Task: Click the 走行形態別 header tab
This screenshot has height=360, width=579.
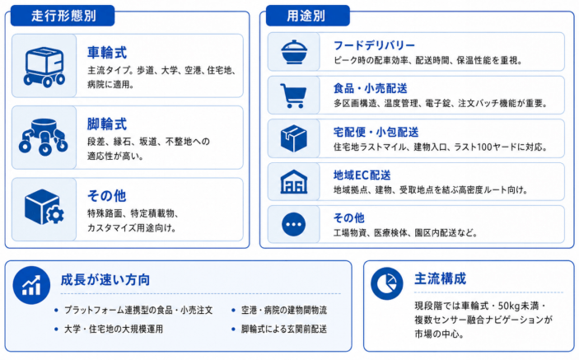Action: [x=63, y=16]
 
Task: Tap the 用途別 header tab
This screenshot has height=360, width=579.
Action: [x=307, y=16]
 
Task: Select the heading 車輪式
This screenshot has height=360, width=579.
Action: [x=107, y=53]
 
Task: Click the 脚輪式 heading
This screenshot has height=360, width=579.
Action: [x=107, y=124]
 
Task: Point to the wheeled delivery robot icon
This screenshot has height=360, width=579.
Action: [x=44, y=67]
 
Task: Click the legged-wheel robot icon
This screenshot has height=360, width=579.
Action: [x=44, y=137]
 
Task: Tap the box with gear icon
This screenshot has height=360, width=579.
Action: [x=44, y=207]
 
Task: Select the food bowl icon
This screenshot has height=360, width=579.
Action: [x=294, y=52]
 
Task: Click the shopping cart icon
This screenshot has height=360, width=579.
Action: [x=293, y=96]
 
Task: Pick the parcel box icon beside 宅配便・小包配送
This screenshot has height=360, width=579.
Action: [x=294, y=138]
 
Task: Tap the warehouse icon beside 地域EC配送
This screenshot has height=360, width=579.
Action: [x=294, y=182]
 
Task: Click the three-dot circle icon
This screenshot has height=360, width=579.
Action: [x=293, y=225]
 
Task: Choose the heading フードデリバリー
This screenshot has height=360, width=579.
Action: [x=374, y=45]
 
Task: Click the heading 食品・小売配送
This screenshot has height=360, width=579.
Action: [x=371, y=89]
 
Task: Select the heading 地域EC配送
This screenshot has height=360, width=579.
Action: [x=362, y=175]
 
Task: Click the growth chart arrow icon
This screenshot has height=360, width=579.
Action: [x=31, y=285]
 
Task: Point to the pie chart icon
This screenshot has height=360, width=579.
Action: [x=387, y=284]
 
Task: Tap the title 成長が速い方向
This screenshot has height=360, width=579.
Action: [x=105, y=280]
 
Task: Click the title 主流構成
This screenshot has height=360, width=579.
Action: [x=440, y=278]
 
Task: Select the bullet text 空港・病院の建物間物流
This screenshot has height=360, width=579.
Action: [x=284, y=310]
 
